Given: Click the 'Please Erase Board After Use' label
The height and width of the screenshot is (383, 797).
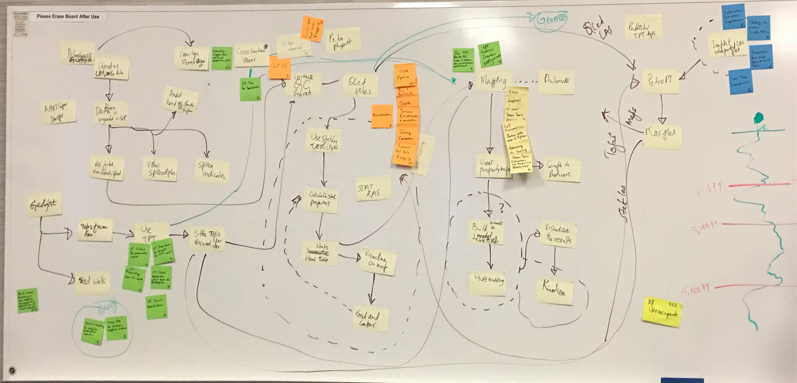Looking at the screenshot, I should (x=68, y=16).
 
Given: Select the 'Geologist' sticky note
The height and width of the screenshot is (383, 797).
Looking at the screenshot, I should (x=44, y=205).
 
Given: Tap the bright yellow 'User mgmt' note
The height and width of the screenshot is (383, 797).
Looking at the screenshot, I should (x=662, y=312).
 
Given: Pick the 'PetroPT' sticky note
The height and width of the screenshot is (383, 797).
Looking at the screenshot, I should (x=660, y=81).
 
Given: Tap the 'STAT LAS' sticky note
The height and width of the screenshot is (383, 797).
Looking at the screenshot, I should (x=373, y=189).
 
